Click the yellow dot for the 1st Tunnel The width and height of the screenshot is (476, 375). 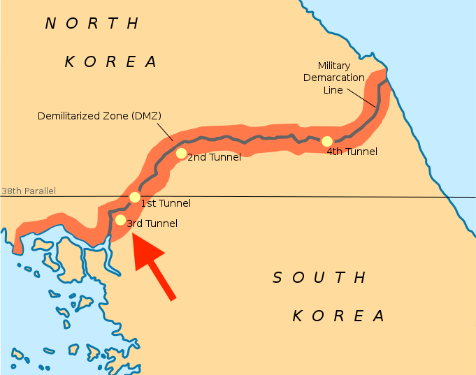coord(135,197)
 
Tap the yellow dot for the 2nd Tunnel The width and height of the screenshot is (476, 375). coord(181,153)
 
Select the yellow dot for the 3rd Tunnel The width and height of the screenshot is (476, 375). coord(120,220)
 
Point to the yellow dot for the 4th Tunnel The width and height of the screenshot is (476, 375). coord(326,141)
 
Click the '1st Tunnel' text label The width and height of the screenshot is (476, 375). coord(166,204)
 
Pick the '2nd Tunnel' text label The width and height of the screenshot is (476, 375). coord(214,158)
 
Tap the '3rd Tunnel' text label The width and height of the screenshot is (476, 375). coord(152,224)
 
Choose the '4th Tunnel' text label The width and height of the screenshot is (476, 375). coord(352,152)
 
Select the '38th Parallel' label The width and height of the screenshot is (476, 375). coord(28,191)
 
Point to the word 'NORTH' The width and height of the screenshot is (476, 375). coord(92,24)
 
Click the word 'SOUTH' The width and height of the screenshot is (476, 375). coord(319,278)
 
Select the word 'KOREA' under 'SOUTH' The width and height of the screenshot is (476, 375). coord(338,316)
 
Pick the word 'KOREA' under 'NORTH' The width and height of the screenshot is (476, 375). coord(111,61)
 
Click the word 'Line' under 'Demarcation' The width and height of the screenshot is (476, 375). coord(333,90)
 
